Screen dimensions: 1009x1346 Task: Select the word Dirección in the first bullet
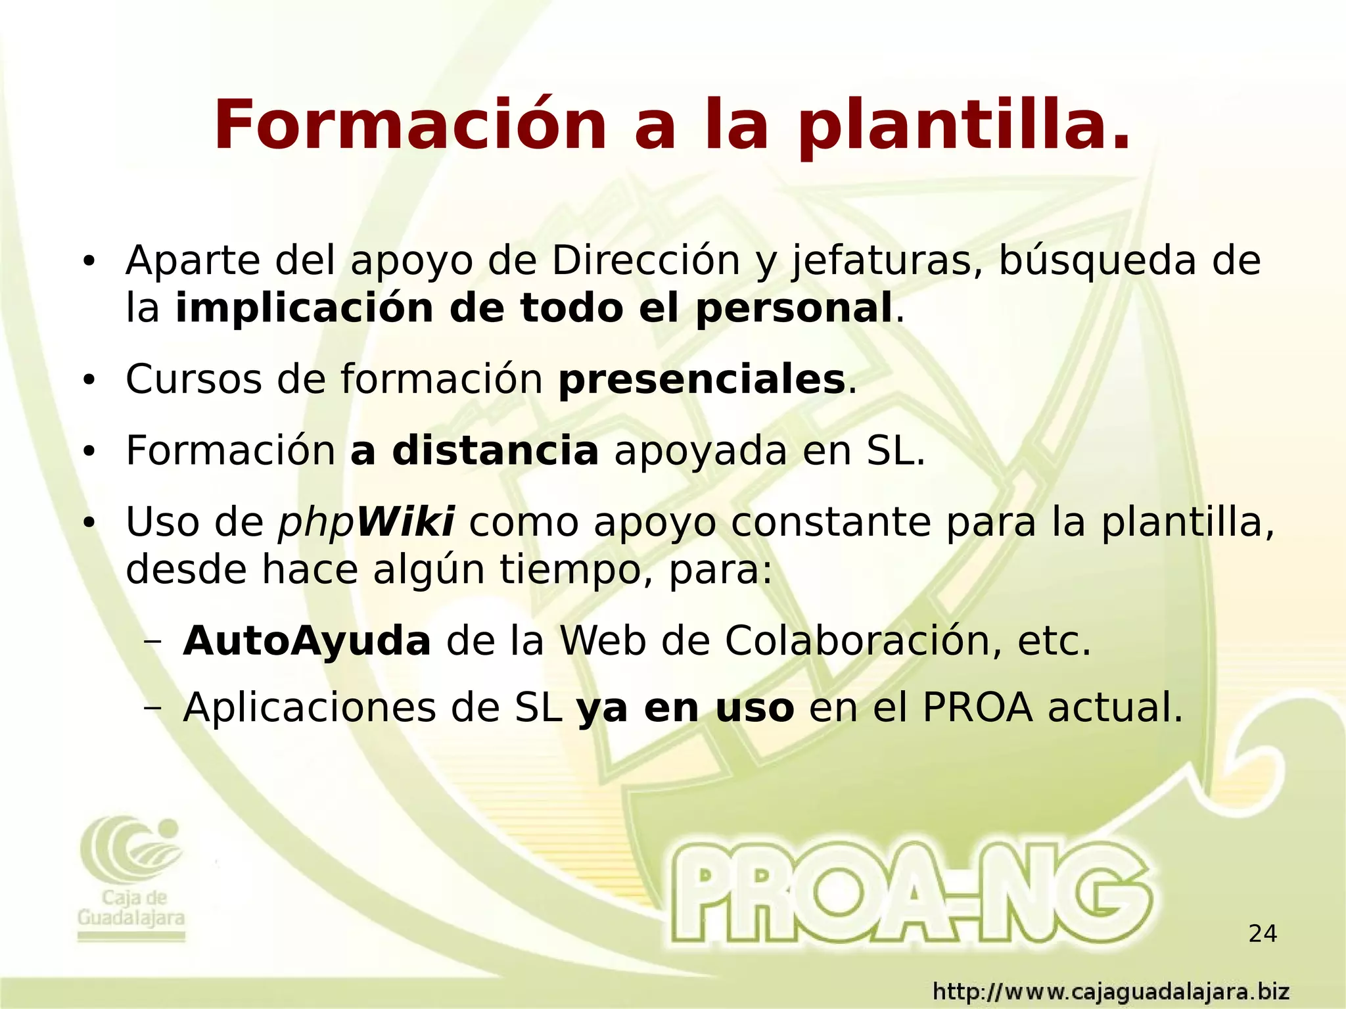click(x=646, y=260)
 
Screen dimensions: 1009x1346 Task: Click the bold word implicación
click(x=304, y=308)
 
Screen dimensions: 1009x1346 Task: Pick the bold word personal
click(x=793, y=309)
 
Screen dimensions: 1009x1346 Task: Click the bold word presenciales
click(x=701, y=380)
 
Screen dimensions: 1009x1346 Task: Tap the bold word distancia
click(x=495, y=451)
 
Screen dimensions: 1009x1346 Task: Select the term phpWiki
click(x=366, y=523)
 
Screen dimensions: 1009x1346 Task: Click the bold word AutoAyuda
click(x=307, y=642)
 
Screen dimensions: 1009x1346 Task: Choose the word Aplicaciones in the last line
click(x=310, y=708)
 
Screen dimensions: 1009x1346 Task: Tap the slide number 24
click(x=1263, y=933)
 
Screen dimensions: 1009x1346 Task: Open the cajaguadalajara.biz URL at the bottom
click(x=1111, y=991)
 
